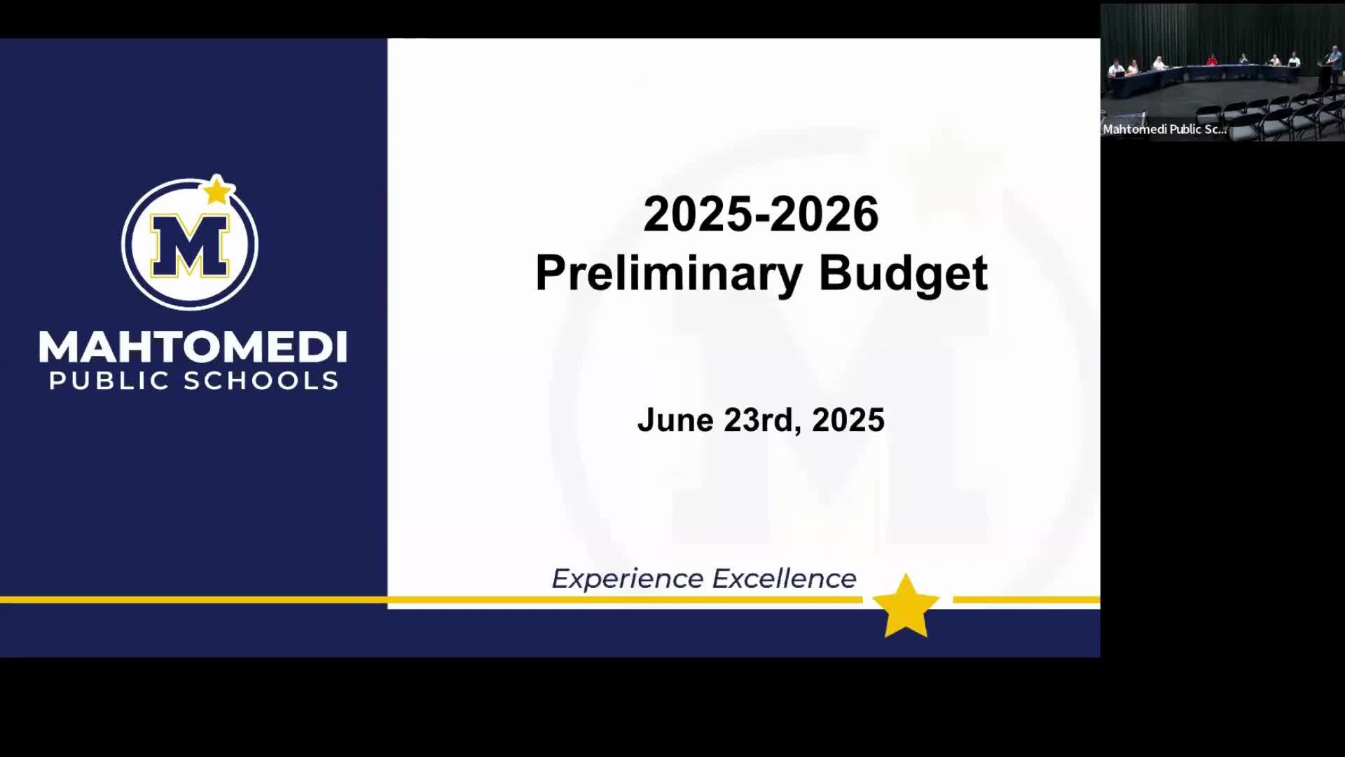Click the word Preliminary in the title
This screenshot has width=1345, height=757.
[668, 273]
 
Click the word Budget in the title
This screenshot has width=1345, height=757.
[903, 273]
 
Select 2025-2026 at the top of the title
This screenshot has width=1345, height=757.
[761, 214]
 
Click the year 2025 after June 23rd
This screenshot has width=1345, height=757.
[848, 420]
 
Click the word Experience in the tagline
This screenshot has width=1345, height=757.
[627, 579]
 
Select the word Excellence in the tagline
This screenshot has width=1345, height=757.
[784, 579]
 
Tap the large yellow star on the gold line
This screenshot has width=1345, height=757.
[906, 606]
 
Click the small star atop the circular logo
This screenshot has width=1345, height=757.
[217, 190]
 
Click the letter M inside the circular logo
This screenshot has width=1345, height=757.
[190, 245]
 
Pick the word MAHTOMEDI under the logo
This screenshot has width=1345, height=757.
[193, 347]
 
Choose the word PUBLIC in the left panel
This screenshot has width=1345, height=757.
[109, 381]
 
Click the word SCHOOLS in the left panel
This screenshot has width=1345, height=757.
[261, 381]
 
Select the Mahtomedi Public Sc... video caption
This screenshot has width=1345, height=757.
[1164, 129]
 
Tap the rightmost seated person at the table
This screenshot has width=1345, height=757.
[1295, 60]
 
